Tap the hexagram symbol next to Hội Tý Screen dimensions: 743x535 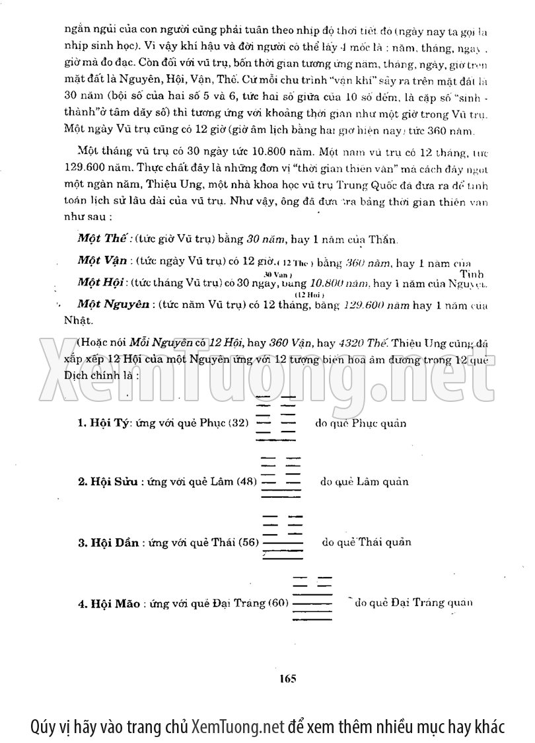coord(277,416)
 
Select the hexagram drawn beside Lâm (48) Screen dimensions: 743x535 coord(282,477)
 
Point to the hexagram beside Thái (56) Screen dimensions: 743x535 coord(283,537)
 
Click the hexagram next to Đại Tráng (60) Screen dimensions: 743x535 coord(312,598)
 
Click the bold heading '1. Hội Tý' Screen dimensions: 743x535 coord(103,423)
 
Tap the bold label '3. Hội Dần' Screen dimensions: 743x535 coord(108,543)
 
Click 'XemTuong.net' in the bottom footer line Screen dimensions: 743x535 coord(237,726)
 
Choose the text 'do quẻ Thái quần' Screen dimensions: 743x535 coord(367,542)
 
